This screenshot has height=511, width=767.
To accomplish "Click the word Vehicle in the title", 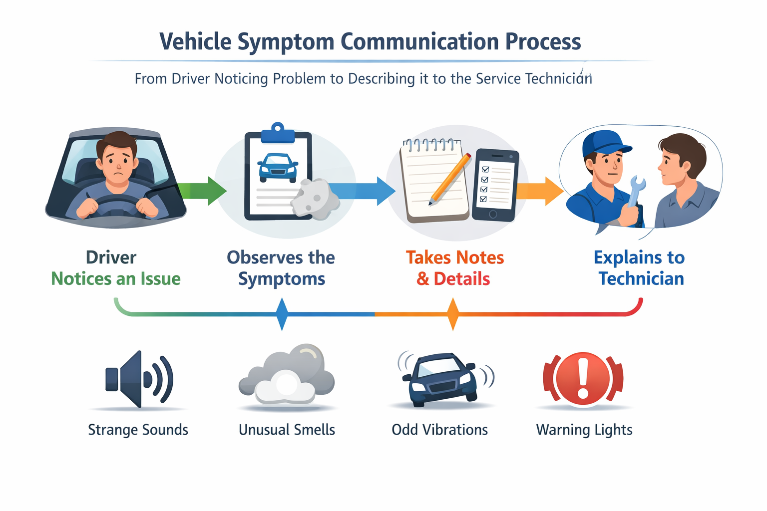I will (x=195, y=41).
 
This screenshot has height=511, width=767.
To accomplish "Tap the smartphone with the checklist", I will (x=495, y=185).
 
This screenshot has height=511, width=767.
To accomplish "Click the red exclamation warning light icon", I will (x=583, y=378).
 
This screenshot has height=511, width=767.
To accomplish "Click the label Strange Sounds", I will (x=138, y=430).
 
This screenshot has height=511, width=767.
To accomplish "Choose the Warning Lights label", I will (x=584, y=430).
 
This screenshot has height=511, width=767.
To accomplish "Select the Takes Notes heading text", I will (x=454, y=257).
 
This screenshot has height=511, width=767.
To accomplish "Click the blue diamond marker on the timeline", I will (x=282, y=314).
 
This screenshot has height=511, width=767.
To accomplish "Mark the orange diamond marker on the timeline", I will (x=453, y=314).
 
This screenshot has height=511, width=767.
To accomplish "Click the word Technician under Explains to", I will (x=641, y=278).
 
